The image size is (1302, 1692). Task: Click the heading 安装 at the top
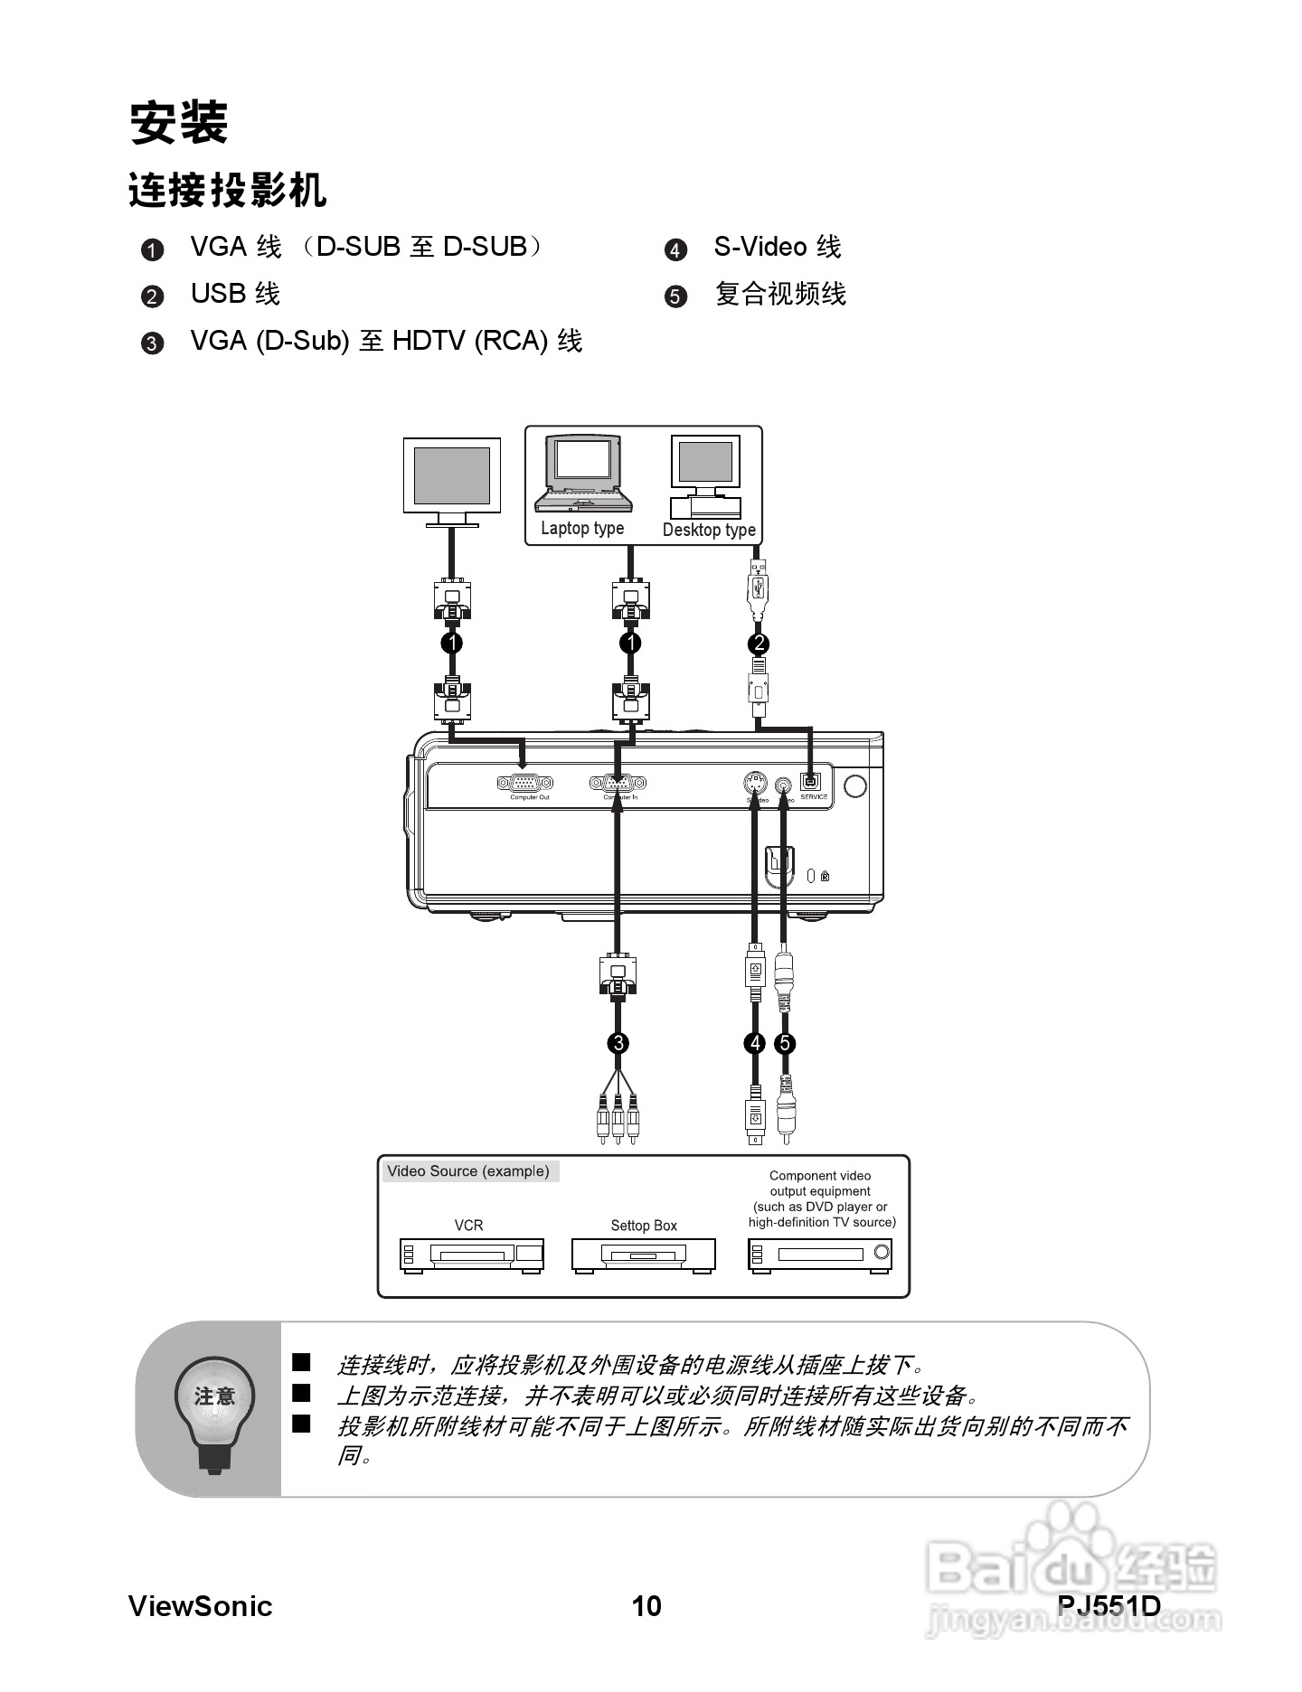pos(178,122)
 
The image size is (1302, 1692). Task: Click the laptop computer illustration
pos(582,474)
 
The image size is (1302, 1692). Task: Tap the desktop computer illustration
pos(705,475)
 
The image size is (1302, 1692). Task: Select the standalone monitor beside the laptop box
pos(451,480)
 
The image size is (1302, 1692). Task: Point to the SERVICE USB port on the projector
pos(811,781)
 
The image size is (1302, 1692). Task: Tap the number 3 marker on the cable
pos(618,1043)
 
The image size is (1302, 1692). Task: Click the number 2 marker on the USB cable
pos(759,644)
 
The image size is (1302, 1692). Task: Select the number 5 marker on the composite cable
pos(785,1043)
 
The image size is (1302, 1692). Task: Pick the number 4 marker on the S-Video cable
pos(754,1043)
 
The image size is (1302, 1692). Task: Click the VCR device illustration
pos(472,1255)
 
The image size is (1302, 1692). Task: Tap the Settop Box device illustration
pos(643,1255)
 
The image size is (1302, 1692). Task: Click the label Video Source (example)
pos(468,1171)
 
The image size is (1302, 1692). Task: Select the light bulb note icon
pos(213,1411)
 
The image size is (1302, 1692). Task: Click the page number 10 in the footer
pos(646,1606)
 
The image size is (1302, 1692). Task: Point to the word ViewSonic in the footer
pos(200,1606)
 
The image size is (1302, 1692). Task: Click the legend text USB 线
pos(235,294)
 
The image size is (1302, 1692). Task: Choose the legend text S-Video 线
pos(777,247)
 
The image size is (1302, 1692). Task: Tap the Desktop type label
pos(709,530)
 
